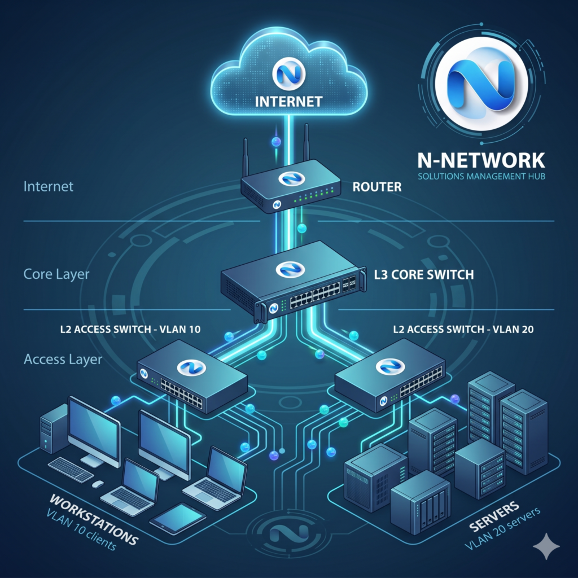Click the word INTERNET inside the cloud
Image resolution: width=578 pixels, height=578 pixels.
tap(288, 102)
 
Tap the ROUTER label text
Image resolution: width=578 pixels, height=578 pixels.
tap(376, 187)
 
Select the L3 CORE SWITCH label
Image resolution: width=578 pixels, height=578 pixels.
tap(424, 276)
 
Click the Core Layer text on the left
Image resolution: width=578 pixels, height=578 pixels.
tap(56, 274)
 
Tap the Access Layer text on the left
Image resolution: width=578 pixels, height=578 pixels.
tap(63, 359)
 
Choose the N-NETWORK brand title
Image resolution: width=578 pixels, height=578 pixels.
tap(481, 160)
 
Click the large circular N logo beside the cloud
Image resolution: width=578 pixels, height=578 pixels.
tap(481, 82)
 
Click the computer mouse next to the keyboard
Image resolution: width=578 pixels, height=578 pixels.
tap(98, 484)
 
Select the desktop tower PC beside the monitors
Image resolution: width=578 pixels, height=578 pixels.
tap(54, 436)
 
